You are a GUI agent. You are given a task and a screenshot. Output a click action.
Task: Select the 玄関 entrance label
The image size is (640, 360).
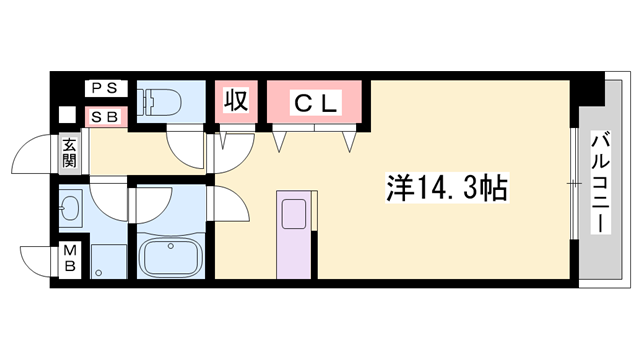[69, 153]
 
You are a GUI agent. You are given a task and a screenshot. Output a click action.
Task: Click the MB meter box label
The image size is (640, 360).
[70, 258]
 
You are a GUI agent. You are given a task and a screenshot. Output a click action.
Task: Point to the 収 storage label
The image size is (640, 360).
[236, 100]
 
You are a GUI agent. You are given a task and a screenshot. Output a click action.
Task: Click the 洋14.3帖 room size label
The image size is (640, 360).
[447, 189]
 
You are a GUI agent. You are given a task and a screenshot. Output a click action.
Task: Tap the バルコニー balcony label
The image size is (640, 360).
[600, 182]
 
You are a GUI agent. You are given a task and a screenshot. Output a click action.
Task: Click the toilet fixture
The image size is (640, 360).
[159, 102]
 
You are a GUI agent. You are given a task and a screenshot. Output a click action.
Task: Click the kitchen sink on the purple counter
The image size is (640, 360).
[294, 213]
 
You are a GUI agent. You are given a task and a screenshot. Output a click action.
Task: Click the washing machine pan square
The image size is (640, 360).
[108, 262]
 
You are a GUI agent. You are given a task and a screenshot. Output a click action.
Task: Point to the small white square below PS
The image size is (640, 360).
[67, 115]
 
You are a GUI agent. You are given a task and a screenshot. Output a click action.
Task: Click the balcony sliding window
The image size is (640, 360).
[574, 183]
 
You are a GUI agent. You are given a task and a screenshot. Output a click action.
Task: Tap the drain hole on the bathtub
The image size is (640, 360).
[171, 246]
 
